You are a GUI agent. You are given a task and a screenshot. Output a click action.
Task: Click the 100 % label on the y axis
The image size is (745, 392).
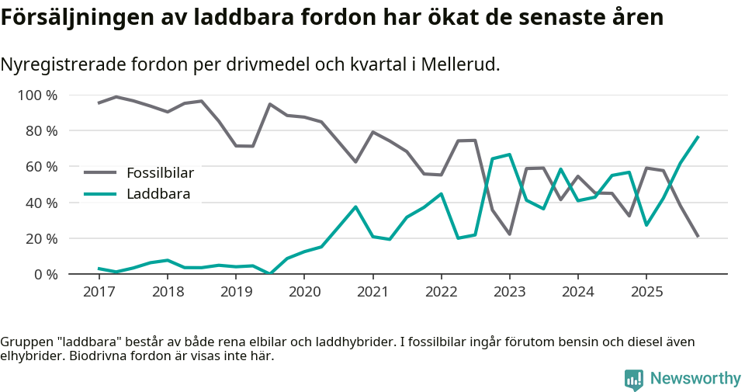pyautogui.click(x=38, y=95)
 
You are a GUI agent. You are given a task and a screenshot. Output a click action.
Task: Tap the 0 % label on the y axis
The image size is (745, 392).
pyautogui.click(x=45, y=274)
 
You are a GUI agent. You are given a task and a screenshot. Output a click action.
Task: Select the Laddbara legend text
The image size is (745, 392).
pyautogui.click(x=158, y=194)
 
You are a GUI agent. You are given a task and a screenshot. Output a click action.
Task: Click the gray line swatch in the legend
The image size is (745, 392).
pyautogui.click(x=100, y=172)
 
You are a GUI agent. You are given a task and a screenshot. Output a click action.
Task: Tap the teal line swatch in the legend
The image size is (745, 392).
pyautogui.click(x=100, y=194)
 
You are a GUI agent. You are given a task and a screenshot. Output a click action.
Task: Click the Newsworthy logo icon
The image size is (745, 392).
pyautogui.click(x=634, y=379)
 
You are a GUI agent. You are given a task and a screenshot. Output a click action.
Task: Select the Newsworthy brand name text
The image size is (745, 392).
pyautogui.click(x=695, y=379)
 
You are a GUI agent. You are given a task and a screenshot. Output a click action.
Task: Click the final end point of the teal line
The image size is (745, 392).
pyautogui.click(x=698, y=137)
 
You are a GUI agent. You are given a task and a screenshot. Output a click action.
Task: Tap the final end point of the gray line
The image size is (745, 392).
pyautogui.click(x=698, y=237)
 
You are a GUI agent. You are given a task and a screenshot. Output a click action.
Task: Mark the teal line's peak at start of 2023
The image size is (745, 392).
pyautogui.click(x=509, y=154)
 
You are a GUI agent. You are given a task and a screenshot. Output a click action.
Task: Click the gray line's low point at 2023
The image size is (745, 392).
pyautogui.click(x=509, y=234)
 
